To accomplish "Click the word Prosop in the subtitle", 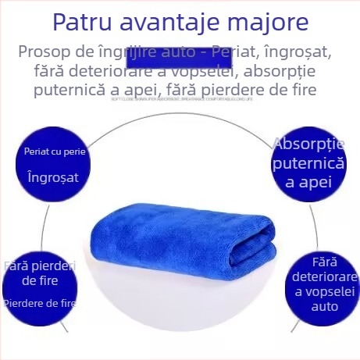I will (45, 54).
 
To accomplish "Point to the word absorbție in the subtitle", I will (297, 72).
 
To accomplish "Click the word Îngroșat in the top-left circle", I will (53, 176).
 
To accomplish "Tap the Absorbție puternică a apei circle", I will (308, 163).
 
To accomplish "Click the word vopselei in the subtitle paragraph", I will (195, 72).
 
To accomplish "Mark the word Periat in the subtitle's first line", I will (237, 54).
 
